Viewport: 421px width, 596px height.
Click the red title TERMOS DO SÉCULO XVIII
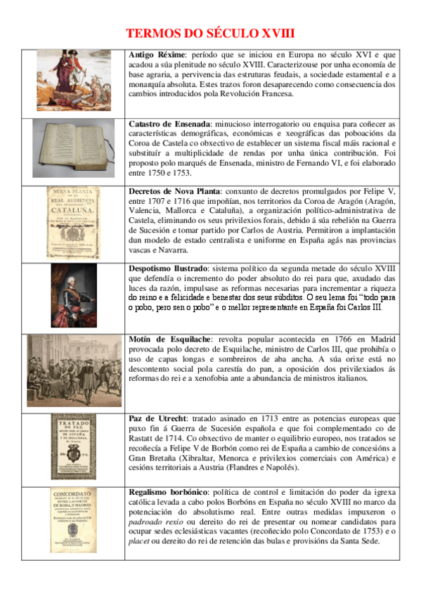tap(209, 33)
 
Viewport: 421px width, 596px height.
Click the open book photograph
tap(73, 149)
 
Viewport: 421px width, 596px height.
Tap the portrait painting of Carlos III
tap(74, 295)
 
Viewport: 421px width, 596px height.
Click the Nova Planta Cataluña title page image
tap(74, 222)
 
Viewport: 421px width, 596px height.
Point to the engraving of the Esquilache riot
tap(74, 370)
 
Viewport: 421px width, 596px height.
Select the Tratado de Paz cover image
tap(74, 446)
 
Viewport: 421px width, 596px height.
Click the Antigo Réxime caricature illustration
tap(74, 79)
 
